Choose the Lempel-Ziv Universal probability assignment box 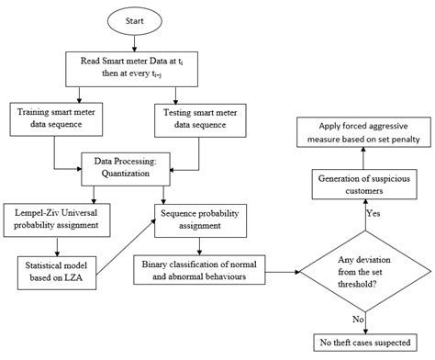point(61,217)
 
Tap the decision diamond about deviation point(365,270)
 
